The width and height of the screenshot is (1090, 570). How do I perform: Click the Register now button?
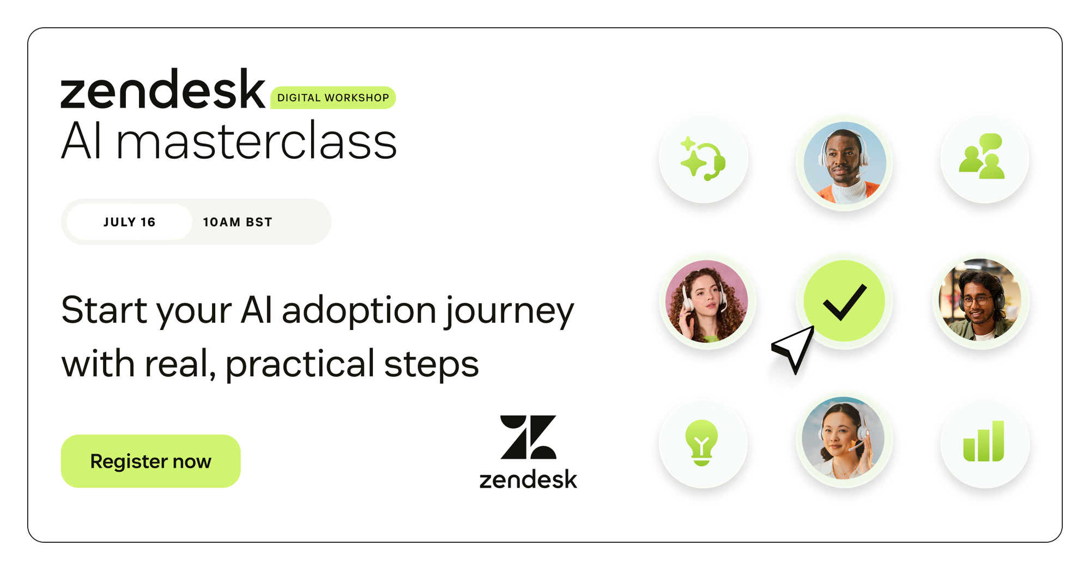(x=150, y=461)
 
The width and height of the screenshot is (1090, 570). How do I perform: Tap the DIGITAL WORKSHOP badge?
(x=333, y=98)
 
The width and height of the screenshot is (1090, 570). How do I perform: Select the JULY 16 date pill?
(x=129, y=222)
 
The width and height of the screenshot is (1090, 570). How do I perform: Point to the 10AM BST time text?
(x=237, y=222)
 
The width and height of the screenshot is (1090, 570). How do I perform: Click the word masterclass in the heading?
(x=256, y=141)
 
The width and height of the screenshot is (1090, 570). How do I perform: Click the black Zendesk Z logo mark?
(x=528, y=437)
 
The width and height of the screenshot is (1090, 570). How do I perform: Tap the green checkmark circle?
(x=844, y=301)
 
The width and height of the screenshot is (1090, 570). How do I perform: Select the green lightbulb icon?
(x=702, y=442)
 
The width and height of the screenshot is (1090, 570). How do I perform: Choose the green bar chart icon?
(x=984, y=441)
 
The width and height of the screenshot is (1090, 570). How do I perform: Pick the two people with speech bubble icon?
(x=982, y=157)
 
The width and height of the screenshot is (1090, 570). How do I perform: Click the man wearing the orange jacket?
(x=845, y=163)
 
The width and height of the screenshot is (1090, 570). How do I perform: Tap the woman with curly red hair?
(x=707, y=301)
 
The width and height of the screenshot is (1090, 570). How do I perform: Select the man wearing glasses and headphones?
(x=980, y=299)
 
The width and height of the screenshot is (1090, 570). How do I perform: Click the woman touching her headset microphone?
(x=843, y=438)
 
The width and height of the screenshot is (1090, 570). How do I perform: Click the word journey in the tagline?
(x=509, y=311)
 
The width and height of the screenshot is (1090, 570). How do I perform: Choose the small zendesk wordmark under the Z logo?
(x=528, y=479)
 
